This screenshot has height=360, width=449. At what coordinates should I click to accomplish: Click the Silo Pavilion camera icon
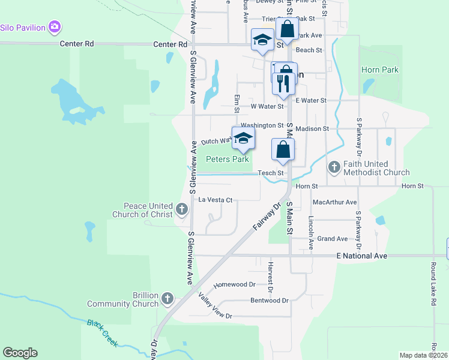(55, 26)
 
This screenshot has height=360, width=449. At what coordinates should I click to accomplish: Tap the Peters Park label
(228, 160)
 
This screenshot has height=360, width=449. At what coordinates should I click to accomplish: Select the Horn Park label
(380, 70)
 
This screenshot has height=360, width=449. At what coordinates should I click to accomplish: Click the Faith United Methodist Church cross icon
(334, 167)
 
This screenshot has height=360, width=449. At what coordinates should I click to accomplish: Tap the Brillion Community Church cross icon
(167, 298)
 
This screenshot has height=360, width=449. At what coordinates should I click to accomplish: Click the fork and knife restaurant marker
(282, 83)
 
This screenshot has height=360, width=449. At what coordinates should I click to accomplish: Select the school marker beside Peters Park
(243, 138)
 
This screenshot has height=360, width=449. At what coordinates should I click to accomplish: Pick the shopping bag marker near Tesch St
(283, 149)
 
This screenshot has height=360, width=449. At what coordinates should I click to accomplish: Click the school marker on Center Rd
(262, 40)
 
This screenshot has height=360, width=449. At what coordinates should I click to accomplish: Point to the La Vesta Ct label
(215, 199)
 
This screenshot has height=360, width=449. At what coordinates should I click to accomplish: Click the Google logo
(20, 353)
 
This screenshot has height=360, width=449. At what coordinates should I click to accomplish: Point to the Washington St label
(262, 125)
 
